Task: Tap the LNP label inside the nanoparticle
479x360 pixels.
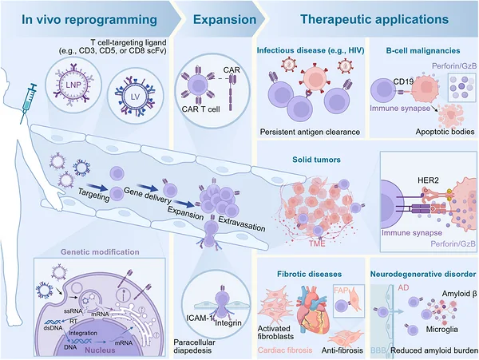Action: (73, 85)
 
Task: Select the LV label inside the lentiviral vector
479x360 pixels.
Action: (135, 97)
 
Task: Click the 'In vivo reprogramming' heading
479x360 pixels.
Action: (89, 19)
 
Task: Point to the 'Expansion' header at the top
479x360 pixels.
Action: (224, 19)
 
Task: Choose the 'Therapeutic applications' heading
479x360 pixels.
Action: (374, 19)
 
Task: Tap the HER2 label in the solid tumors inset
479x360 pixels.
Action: (428, 180)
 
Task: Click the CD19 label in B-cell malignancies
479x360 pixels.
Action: (403, 81)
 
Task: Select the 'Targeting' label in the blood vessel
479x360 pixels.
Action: (94, 195)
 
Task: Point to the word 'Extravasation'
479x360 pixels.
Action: (242, 224)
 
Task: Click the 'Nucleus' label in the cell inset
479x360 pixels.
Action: (100, 350)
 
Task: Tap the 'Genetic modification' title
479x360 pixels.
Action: (100, 252)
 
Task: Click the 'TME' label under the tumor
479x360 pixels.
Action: (317, 243)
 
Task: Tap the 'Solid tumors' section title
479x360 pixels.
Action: (316, 160)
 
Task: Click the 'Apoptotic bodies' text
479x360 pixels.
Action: (445, 132)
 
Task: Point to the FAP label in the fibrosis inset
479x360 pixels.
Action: (341, 290)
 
